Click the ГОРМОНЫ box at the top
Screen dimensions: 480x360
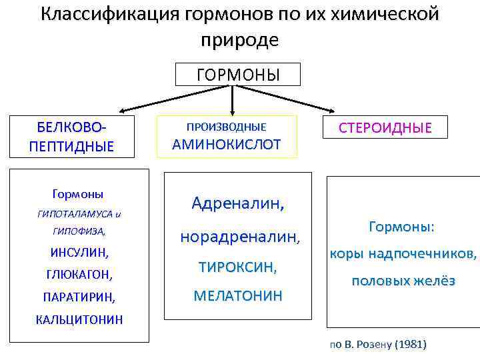point(237,75)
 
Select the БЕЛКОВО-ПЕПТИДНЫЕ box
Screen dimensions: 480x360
point(71,137)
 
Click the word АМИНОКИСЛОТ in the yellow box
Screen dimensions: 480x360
point(227,144)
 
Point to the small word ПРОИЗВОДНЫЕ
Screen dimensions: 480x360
point(226,127)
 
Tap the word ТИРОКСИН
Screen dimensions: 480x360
point(237,267)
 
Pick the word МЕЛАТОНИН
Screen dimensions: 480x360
point(238,295)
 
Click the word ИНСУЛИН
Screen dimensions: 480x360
point(79,253)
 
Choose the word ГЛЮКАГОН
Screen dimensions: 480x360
point(79,274)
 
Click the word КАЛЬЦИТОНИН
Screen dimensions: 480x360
point(79,319)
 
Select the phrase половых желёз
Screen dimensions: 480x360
point(403,281)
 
